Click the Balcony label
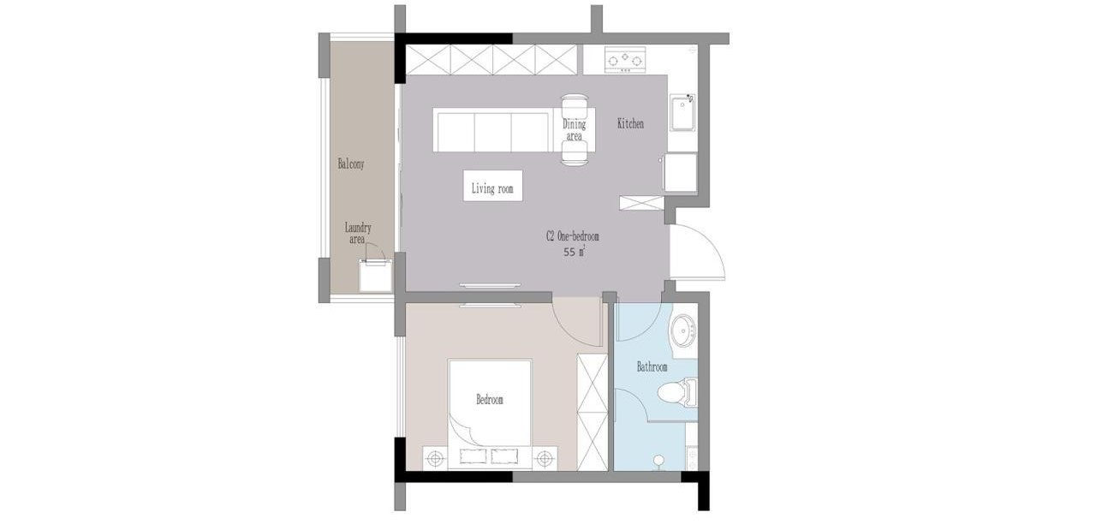pyautogui.click(x=351, y=164)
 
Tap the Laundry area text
pyautogui.click(x=358, y=234)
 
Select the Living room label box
pyautogui.click(x=492, y=186)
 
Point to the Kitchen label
pyautogui.click(x=630, y=124)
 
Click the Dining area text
pyautogui.click(x=574, y=129)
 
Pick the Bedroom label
pyautogui.click(x=489, y=400)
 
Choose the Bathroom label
pyautogui.click(x=652, y=366)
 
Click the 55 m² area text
pyautogui.click(x=575, y=253)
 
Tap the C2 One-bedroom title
pyautogui.click(x=573, y=236)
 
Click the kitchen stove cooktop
pyautogui.click(x=625, y=60)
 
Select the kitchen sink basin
pyautogui.click(x=682, y=112)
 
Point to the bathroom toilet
pyautogui.click(x=677, y=392)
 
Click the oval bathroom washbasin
pyautogui.click(x=682, y=331)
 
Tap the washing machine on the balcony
pyautogui.click(x=376, y=276)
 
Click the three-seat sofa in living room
pyautogui.click(x=493, y=130)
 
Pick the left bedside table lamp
pyautogui.click(x=436, y=459)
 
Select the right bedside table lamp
pyautogui.click(x=544, y=459)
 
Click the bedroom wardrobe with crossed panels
pyautogui.click(x=592, y=412)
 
